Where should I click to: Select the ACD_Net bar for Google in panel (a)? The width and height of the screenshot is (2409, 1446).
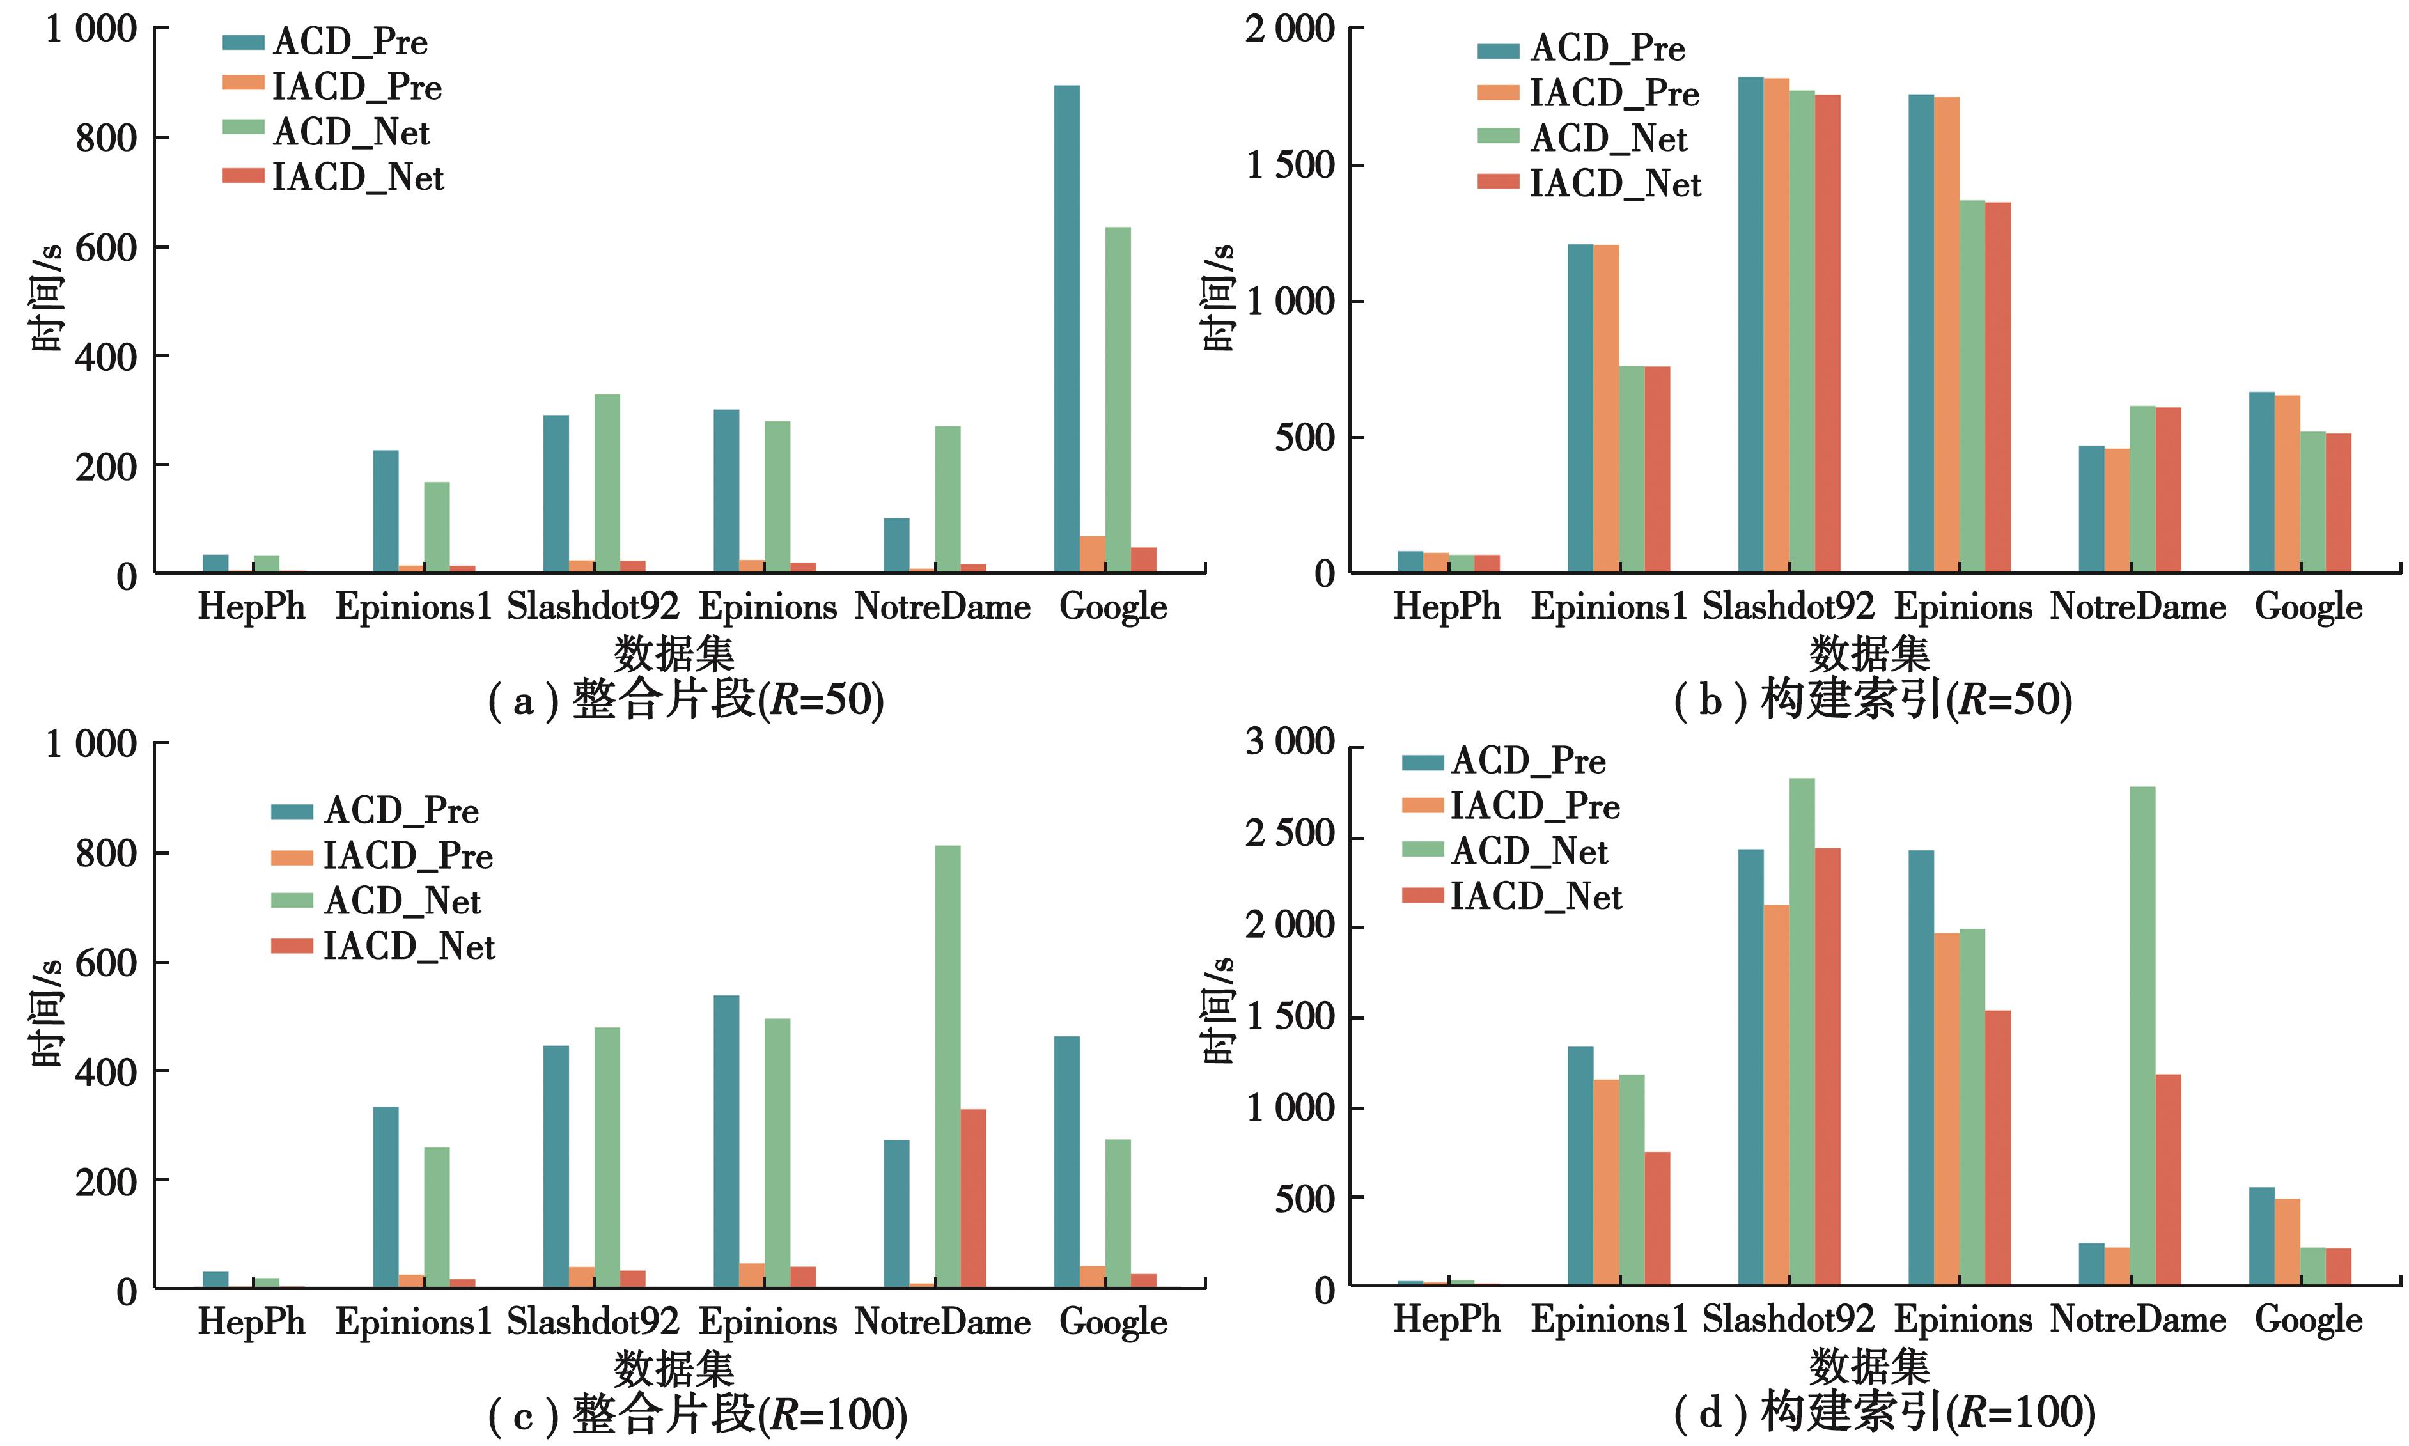(1118, 400)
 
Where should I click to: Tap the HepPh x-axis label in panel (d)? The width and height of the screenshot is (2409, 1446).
(1446, 1319)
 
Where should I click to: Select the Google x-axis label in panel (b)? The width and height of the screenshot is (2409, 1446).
(2307, 607)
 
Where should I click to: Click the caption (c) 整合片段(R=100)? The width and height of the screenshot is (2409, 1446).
(697, 1415)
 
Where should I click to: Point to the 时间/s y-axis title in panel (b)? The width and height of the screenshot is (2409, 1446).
(1218, 297)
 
